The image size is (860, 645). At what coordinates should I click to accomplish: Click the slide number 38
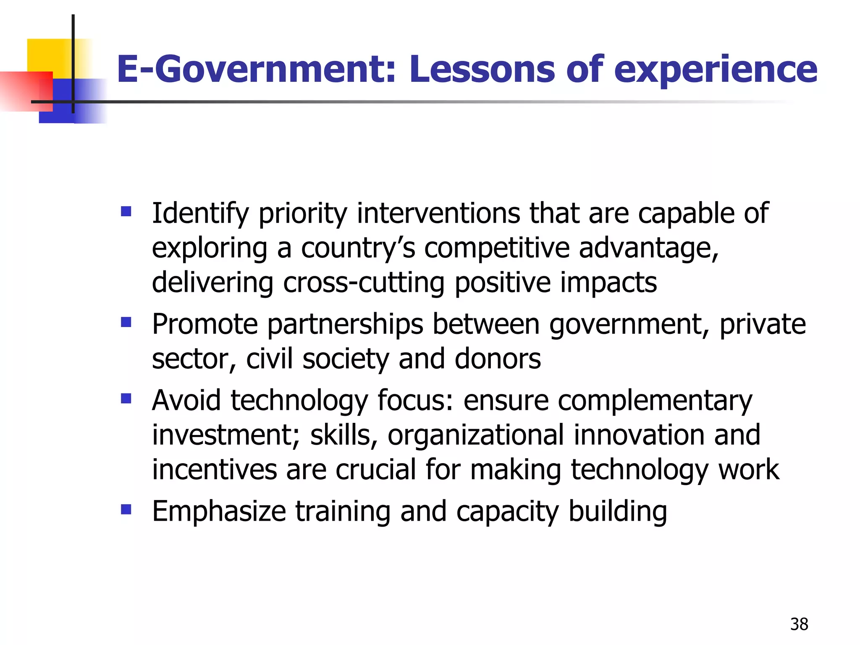(799, 624)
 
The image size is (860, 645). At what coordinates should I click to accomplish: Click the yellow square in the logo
(48, 55)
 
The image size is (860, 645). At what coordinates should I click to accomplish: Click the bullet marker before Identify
(126, 211)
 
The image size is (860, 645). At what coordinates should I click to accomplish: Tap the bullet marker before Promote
(126, 322)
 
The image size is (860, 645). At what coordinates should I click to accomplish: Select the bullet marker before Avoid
(126, 398)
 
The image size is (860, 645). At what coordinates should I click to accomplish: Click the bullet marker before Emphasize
(126, 509)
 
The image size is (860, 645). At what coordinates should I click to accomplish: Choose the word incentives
(214, 469)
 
